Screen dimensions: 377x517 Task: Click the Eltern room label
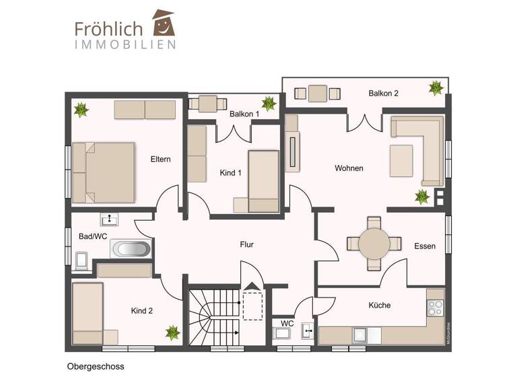coord(161,160)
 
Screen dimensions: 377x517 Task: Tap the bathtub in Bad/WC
coord(131,249)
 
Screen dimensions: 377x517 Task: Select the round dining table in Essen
coord(374,244)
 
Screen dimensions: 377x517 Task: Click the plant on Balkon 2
coord(436,88)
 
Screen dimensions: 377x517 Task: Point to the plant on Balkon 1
coord(269,103)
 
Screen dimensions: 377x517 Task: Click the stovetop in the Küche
coord(436,308)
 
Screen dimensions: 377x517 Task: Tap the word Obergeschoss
coord(96,367)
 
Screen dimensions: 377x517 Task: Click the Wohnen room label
coord(349,168)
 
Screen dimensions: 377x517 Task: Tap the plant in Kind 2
coord(173,332)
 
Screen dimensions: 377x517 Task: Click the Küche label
coord(379,305)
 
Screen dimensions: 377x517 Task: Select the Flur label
coord(247,244)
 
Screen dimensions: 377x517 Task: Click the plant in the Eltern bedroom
coord(82,109)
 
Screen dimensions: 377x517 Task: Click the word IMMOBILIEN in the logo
coord(125,44)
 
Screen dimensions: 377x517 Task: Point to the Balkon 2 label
coord(383,94)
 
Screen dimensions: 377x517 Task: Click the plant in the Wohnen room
coord(422,197)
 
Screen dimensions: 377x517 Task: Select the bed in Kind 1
coord(263,180)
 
